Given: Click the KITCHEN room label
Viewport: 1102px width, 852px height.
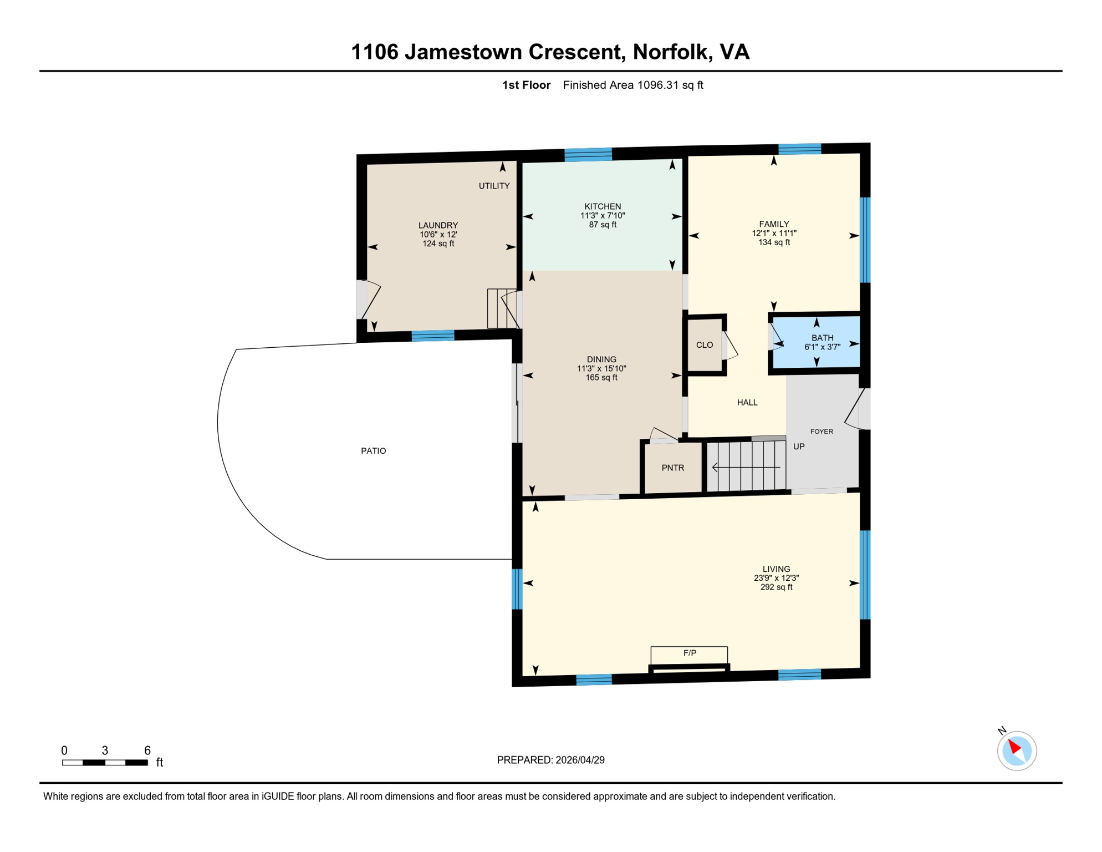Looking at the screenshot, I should tap(603, 206).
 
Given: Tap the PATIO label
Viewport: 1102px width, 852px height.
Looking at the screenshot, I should tap(374, 451).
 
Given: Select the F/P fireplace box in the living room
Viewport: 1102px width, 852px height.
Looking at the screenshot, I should tap(689, 654).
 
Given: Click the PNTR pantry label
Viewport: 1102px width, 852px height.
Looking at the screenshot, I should tap(673, 468).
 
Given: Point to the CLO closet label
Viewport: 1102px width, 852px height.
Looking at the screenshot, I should tap(705, 345).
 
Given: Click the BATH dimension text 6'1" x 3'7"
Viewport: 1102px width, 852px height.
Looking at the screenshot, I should tap(822, 347).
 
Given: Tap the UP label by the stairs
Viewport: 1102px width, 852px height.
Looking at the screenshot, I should tap(799, 447).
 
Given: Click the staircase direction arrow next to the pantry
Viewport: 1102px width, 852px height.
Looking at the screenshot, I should tap(746, 468).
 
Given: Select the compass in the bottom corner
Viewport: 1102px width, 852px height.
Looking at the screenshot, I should tap(1017, 751).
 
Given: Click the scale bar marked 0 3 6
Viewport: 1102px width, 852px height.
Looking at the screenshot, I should tap(105, 763).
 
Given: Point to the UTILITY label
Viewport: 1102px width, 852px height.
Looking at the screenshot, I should tap(494, 186).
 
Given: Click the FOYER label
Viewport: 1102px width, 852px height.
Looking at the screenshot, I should tap(822, 432).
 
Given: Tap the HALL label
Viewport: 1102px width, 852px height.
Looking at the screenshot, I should tap(747, 403).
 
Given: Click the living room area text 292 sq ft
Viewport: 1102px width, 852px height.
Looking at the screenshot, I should tap(776, 587).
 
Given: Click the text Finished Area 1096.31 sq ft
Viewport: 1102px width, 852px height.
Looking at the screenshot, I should tap(633, 85).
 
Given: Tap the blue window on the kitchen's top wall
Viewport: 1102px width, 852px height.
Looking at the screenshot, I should tap(588, 154).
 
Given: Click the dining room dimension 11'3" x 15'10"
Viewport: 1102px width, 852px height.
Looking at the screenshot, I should tap(601, 369).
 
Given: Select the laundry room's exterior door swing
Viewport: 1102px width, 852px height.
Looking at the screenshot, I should tap(370, 301).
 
